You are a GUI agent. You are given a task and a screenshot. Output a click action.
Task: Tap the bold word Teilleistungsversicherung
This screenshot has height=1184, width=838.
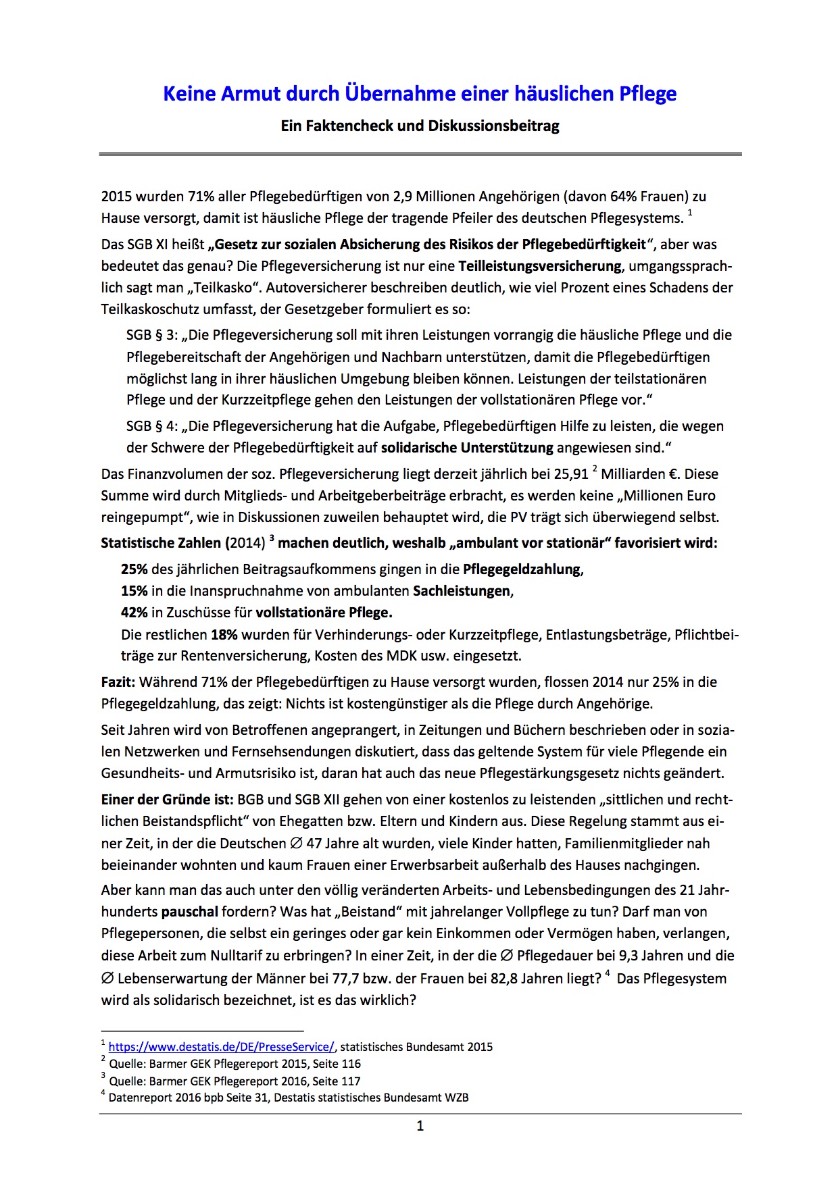[x=540, y=266]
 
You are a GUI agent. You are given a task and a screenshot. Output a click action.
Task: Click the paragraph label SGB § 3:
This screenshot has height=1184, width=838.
[x=151, y=335]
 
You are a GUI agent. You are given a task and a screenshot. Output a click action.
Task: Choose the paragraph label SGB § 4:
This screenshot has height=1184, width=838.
[x=151, y=426]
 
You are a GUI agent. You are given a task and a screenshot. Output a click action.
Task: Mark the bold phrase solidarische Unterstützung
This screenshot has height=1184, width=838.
[x=467, y=448]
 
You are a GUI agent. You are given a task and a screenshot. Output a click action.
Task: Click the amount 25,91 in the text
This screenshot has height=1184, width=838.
[x=570, y=474]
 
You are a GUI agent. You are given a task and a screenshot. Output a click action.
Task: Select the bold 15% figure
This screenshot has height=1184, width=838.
[x=134, y=591]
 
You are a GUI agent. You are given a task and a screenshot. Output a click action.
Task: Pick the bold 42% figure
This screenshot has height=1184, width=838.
[x=134, y=613]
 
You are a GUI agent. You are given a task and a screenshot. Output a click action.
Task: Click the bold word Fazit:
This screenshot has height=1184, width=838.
[x=118, y=682]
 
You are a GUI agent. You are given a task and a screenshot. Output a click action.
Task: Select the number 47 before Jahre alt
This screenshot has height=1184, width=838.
[x=314, y=844]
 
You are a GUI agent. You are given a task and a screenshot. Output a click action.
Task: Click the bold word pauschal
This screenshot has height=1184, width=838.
[x=189, y=912]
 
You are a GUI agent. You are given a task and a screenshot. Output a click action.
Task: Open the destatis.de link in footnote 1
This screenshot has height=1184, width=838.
[x=221, y=1047]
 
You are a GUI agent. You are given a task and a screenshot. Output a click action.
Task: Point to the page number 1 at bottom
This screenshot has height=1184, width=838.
[x=420, y=1126]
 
